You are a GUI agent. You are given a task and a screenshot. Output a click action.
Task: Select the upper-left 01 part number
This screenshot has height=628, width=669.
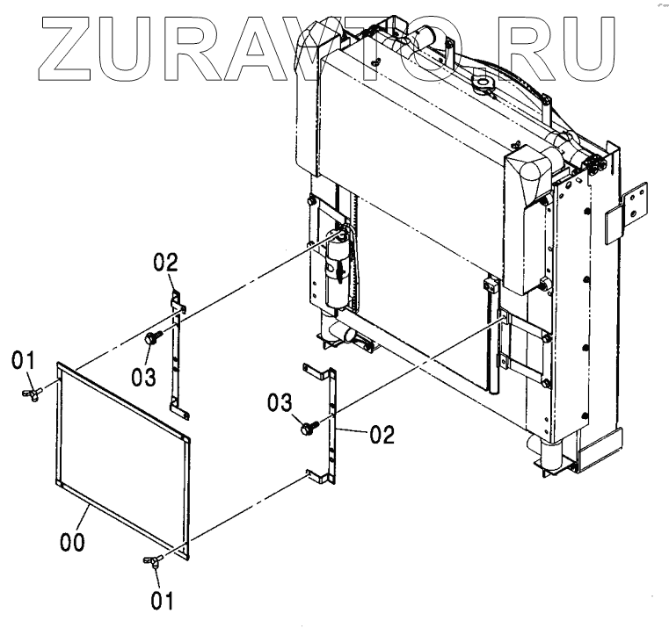(24, 360)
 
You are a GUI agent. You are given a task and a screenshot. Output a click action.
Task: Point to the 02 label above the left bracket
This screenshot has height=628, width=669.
(166, 262)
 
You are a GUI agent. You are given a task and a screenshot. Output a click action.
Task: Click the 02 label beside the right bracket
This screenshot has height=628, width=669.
(382, 433)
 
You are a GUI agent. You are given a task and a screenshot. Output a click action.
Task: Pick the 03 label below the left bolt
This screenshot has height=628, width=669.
(144, 377)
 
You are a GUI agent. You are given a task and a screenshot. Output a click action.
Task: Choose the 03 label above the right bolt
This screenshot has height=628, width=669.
(280, 402)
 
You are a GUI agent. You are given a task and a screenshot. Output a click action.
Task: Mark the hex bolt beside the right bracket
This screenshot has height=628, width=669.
(308, 428)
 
